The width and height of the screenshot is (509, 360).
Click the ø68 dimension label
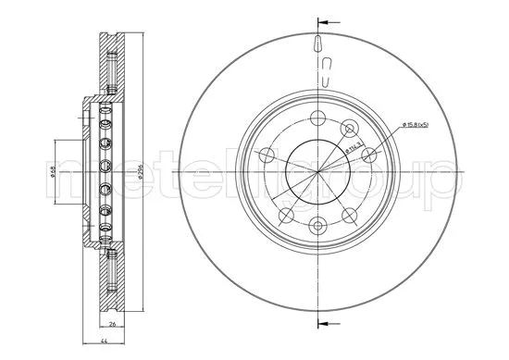tap(53, 170)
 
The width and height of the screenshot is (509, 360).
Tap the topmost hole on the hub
tap(317, 118)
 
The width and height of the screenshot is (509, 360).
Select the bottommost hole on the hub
tap(317, 223)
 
